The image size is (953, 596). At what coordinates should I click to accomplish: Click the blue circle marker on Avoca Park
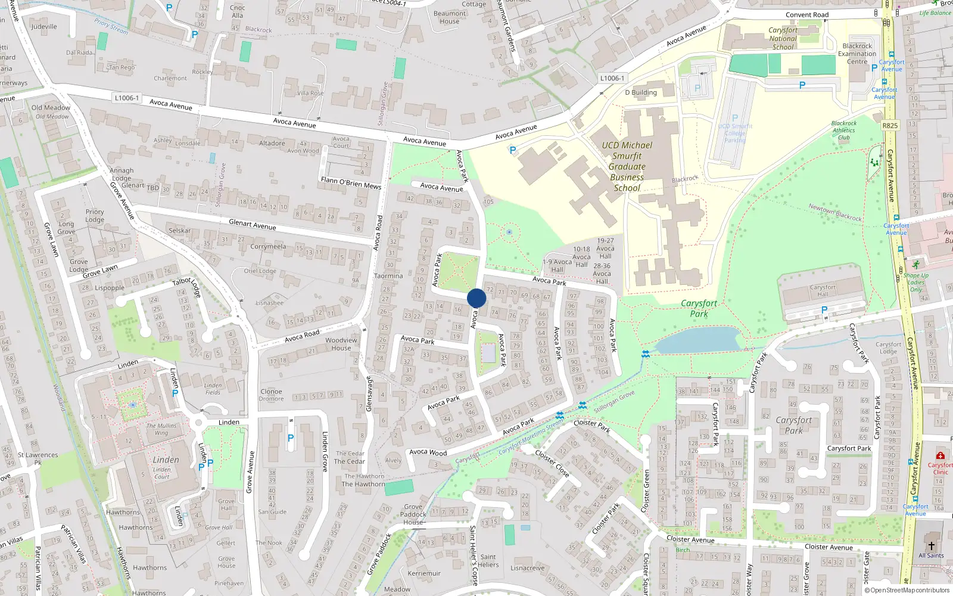click(476, 298)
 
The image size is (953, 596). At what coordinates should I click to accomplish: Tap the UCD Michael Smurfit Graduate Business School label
click(627, 166)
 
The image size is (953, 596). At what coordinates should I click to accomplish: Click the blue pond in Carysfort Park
click(697, 340)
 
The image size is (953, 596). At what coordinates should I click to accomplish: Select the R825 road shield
click(890, 126)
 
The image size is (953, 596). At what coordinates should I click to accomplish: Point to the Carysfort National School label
click(783, 38)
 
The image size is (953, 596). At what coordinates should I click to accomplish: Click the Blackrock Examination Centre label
click(857, 54)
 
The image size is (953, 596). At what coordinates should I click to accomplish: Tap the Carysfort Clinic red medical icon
click(940, 456)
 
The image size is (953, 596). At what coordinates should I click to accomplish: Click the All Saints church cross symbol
click(932, 545)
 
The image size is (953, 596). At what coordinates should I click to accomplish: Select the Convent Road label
click(807, 15)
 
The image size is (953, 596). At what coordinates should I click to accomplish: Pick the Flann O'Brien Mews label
click(351, 182)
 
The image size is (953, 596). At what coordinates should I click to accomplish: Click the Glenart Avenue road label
click(253, 225)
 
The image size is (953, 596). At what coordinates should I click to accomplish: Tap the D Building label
click(641, 92)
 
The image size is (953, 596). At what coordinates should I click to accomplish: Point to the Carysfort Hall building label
click(823, 290)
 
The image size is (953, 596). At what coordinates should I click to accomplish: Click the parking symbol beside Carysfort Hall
click(824, 310)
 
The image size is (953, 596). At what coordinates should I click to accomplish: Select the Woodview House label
click(341, 344)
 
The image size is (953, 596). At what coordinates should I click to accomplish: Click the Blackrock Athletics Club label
click(844, 130)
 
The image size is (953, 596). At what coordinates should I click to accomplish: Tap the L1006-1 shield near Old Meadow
click(126, 98)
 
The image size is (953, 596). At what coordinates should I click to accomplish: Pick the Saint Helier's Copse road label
click(474, 555)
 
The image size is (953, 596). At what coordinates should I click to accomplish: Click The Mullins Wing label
click(161, 429)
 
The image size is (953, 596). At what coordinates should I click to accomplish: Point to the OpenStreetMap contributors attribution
click(907, 591)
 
